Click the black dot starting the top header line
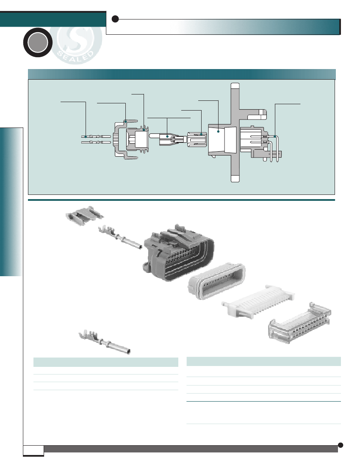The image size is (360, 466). [x=115, y=19]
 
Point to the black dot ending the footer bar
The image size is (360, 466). [x=341, y=445]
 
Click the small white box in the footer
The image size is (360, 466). [x=33, y=450]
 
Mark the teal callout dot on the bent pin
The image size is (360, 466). [x=275, y=136]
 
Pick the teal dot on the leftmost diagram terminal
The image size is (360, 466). [x=86, y=137]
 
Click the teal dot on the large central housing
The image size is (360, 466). [x=218, y=132]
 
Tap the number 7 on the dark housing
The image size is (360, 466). [x=159, y=253]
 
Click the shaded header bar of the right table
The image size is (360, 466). [x=263, y=361]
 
